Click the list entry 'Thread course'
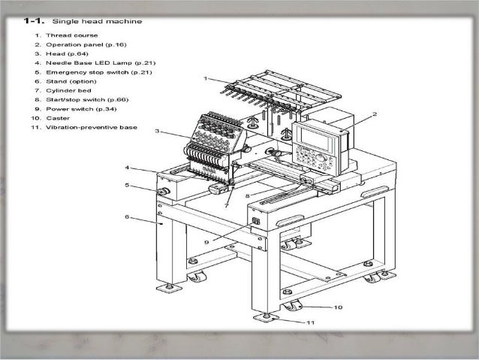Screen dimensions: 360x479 [68, 35]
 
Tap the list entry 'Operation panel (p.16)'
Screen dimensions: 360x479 [83, 44]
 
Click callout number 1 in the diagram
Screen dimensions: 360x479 [205, 78]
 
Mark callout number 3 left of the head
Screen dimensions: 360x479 [156, 131]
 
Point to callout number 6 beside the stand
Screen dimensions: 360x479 [128, 216]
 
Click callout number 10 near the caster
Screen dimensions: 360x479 [339, 307]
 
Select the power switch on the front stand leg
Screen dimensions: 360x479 [256, 222]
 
